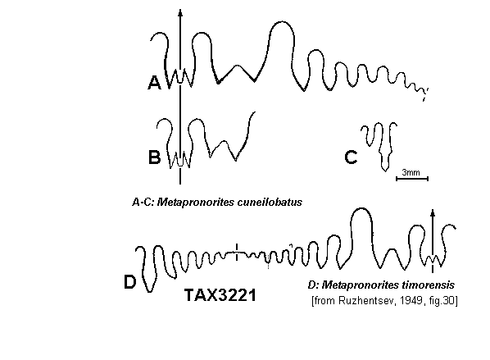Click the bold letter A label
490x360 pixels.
tap(155, 83)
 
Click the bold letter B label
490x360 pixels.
tap(154, 157)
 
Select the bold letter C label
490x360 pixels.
tap(351, 157)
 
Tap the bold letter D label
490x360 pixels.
tap(130, 282)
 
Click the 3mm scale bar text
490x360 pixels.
tap(411, 172)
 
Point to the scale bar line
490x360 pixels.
tap(412, 179)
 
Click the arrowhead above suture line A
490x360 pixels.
tap(180, 12)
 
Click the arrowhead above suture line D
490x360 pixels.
tap(433, 212)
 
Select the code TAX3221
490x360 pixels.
tap(220, 295)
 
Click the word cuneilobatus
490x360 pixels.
tap(270, 202)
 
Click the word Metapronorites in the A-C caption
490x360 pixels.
tap(196, 202)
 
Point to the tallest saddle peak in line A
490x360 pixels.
tap(283, 22)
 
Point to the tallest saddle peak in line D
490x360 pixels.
tap(361, 208)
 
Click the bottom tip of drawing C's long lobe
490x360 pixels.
tap(385, 171)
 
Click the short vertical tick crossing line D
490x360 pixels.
tap(237, 252)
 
